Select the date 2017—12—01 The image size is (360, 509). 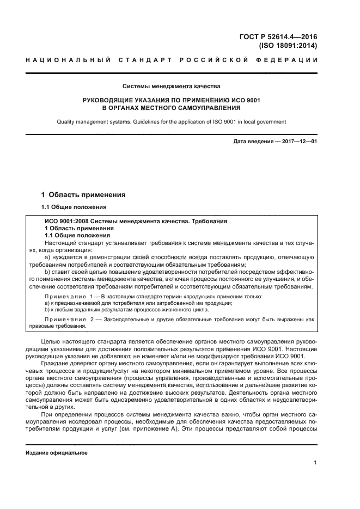[x=297, y=143]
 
